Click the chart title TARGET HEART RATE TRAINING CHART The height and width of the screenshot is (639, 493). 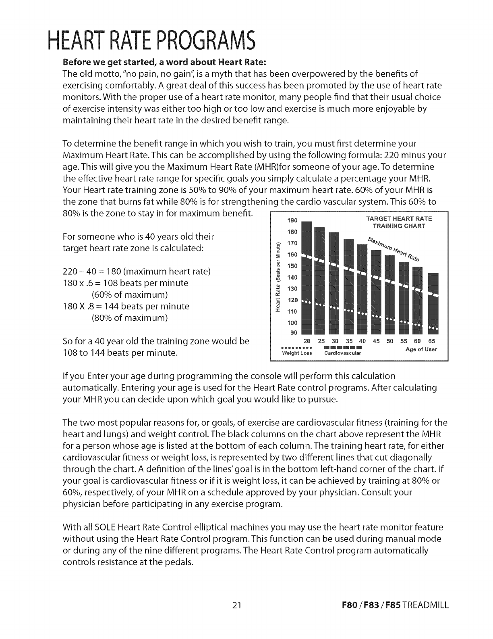click(399, 222)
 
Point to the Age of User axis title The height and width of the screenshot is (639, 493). click(421, 349)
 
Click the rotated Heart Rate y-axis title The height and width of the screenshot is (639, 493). click(277, 278)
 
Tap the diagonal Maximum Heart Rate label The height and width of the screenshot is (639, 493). click(394, 249)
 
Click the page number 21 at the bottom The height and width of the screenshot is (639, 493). click(237, 605)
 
